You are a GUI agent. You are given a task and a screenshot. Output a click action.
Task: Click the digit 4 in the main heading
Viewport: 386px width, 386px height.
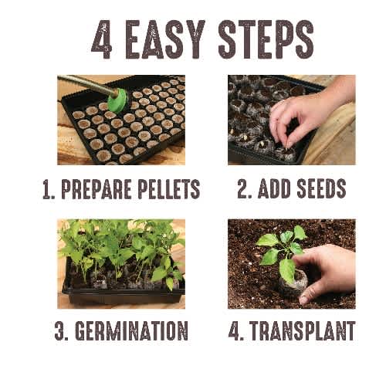click(102, 39)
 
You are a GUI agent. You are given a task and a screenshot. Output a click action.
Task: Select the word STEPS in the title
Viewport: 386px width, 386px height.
click(266, 39)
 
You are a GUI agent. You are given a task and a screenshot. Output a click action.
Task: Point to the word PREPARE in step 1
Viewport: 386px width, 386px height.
click(96, 189)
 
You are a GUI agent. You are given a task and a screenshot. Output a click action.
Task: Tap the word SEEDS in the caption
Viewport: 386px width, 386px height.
click(321, 188)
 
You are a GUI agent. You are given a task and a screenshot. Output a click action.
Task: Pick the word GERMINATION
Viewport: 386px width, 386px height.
click(131, 330)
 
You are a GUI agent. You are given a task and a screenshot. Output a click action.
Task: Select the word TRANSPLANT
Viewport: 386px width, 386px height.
click(303, 330)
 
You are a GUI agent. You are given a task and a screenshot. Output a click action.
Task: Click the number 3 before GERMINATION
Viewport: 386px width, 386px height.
click(60, 330)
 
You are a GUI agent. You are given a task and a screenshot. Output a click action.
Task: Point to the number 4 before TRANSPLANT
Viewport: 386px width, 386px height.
click(235, 330)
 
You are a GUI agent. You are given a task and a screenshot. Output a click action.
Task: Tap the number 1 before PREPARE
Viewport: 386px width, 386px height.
click(49, 189)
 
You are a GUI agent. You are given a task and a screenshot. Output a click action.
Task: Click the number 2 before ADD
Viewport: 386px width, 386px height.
click(244, 188)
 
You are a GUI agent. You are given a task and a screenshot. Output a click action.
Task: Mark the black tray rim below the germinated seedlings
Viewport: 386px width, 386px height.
click(124, 293)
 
